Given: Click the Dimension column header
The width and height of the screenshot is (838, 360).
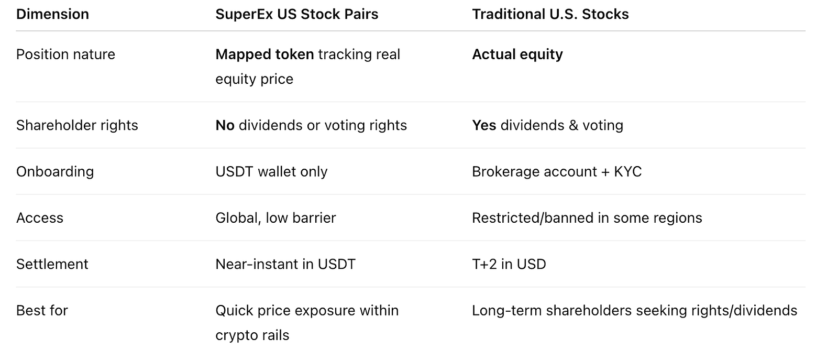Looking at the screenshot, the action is click(53, 14).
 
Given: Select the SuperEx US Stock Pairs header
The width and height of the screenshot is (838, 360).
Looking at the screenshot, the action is click(296, 14).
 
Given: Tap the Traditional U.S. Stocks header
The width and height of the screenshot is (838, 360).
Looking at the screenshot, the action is click(550, 14).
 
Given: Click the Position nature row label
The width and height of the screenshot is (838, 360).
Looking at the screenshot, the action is click(65, 54).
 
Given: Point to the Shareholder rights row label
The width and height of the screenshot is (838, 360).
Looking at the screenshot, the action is click(77, 125).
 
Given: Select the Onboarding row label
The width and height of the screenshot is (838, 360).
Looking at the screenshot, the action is click(55, 172).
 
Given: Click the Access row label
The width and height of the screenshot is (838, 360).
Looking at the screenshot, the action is click(40, 218).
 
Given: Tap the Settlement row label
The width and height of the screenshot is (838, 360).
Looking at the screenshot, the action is click(52, 264).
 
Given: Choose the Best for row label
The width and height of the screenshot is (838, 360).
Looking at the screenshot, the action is click(42, 311).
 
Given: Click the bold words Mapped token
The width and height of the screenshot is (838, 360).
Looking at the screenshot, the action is click(264, 54).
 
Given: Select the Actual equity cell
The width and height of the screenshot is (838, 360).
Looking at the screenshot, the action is click(517, 54).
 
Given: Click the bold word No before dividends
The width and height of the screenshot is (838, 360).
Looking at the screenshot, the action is click(225, 125).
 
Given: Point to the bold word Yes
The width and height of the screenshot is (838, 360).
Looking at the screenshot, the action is click(484, 125).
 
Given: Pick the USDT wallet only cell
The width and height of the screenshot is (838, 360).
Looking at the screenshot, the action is click(271, 172).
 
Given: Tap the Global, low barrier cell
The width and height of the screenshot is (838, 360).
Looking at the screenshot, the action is click(275, 218).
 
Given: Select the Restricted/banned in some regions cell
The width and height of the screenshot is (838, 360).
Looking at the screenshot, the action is click(587, 218).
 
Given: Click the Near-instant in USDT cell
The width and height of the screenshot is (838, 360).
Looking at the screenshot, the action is click(285, 264).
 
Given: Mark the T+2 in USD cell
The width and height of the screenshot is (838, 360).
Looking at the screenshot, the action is click(509, 264).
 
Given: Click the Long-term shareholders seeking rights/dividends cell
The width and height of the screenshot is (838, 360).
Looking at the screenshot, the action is click(634, 311).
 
